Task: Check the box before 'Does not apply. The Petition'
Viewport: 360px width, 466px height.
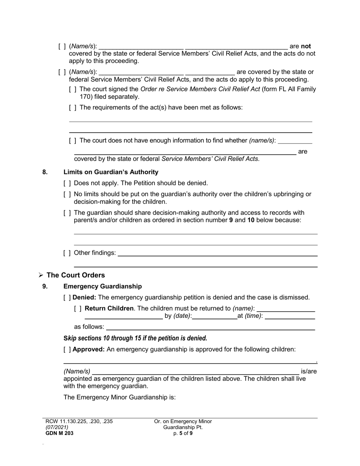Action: pyautogui.click(x=67, y=183)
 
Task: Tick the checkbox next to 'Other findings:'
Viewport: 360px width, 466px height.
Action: pyautogui.click(x=67, y=253)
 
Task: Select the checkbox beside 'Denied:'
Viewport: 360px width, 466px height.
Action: pyautogui.click(x=67, y=297)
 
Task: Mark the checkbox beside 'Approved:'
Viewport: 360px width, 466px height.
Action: pyautogui.click(x=67, y=349)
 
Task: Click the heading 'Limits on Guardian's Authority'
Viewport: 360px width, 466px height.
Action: pyautogui.click(x=111, y=172)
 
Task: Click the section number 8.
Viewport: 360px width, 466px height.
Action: pyautogui.click(x=45, y=172)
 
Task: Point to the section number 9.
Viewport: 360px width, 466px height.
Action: pyautogui.click(x=45, y=286)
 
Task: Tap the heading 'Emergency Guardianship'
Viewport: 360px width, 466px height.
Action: pyautogui.click(x=102, y=286)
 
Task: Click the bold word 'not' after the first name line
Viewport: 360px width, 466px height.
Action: pyautogui.click(x=306, y=46)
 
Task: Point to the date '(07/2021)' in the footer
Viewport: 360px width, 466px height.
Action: pyautogui.click(x=57, y=427)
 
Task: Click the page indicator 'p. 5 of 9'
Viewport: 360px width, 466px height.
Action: pyautogui.click(x=183, y=433)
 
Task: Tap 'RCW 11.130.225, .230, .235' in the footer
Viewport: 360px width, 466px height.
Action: pyautogui.click(x=79, y=421)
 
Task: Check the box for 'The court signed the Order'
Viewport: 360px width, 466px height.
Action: pyautogui.click(x=73, y=89)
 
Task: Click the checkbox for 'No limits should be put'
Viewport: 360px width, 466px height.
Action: pyautogui.click(x=67, y=194)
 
